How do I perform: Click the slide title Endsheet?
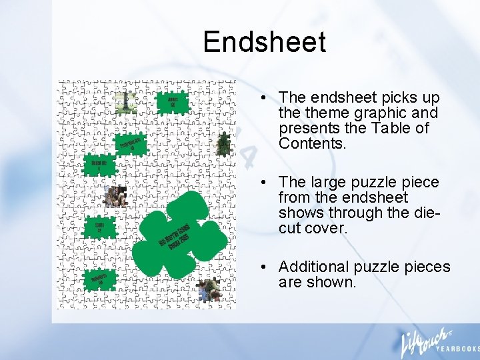pyautogui.click(x=265, y=42)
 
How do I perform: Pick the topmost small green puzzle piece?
pyautogui.click(x=172, y=102)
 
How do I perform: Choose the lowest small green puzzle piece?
pyautogui.click(x=99, y=281)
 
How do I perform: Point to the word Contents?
pyautogui.click(x=312, y=143)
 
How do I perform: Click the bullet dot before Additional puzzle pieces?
pyautogui.click(x=266, y=267)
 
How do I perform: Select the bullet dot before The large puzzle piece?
pyautogui.click(x=266, y=183)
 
